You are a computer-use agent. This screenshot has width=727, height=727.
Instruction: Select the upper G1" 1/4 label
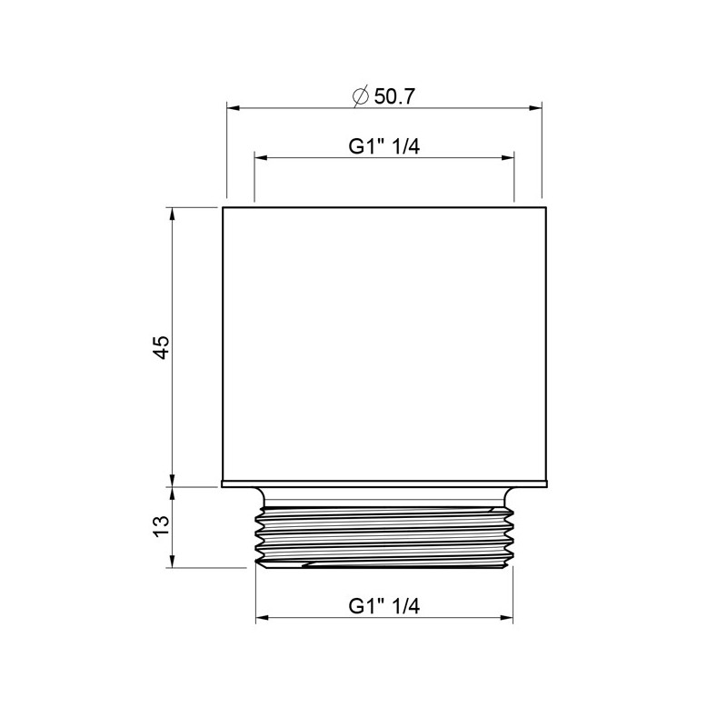pos(383,146)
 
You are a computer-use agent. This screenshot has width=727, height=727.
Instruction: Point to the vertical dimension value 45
pos(162,347)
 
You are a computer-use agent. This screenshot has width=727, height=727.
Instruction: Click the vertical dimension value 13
pos(162,526)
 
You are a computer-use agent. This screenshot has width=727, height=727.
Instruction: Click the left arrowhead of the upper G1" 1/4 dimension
pos(261,159)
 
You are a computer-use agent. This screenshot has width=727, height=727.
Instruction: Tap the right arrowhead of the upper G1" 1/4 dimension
pos(509,159)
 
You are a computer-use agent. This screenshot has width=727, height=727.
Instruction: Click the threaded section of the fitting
pos(384,536)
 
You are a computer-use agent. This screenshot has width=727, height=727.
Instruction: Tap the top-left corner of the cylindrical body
pos(224,208)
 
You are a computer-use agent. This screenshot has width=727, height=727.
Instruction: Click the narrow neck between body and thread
pos(384,497)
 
